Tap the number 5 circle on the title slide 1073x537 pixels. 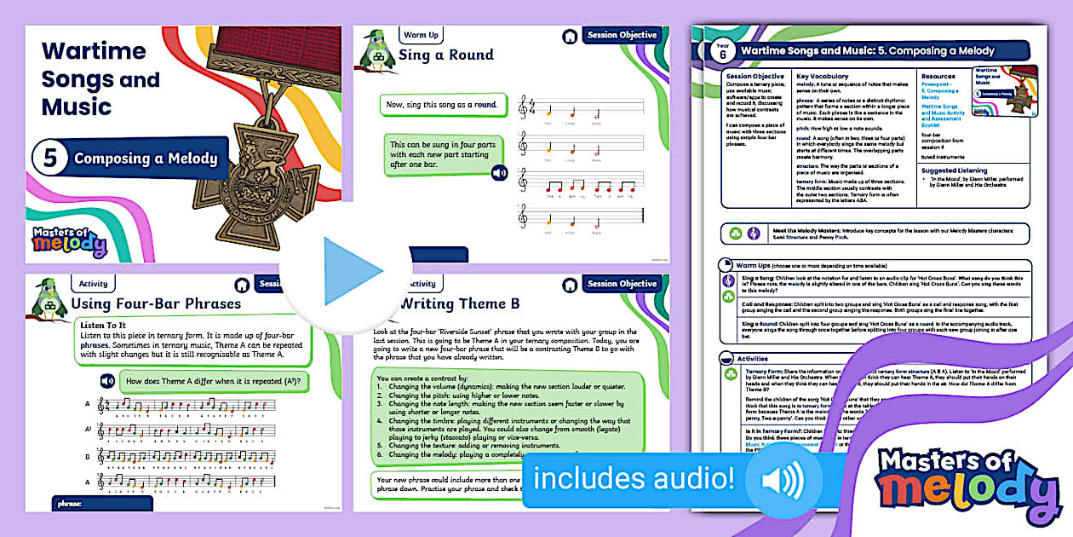pyautogui.click(x=49, y=159)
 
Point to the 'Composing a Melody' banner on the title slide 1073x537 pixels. pyautogui.click(x=145, y=159)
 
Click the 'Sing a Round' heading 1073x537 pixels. pyautogui.click(x=446, y=55)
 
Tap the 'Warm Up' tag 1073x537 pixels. pyautogui.click(x=421, y=36)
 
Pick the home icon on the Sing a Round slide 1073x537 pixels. pyautogui.click(x=568, y=37)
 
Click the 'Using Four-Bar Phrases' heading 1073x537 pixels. pyautogui.click(x=156, y=303)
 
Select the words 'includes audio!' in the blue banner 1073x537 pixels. pyautogui.click(x=634, y=479)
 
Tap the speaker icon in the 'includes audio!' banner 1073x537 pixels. pyautogui.click(x=782, y=480)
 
